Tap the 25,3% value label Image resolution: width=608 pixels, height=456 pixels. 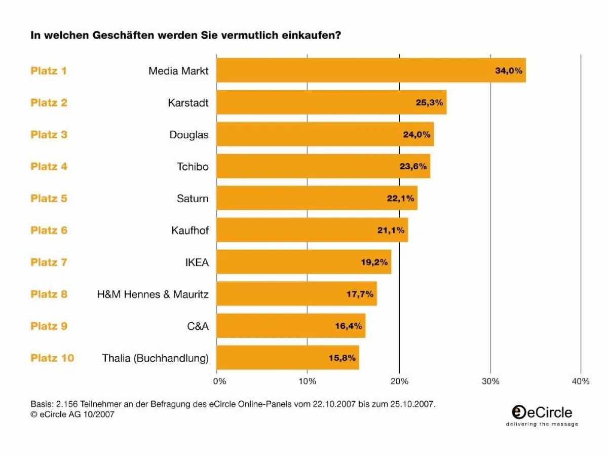pos(429,102)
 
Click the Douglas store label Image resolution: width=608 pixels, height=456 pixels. pos(189,135)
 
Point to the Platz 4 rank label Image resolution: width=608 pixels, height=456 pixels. pos(49,166)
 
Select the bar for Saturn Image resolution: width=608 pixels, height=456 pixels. pos(317,198)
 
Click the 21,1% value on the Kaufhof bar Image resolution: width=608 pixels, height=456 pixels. pos(391,231)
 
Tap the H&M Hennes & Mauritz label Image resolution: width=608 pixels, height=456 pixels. pos(153,294)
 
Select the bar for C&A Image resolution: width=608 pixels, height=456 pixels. pos(291,326)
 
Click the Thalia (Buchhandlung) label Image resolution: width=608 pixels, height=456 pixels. pos(155,358)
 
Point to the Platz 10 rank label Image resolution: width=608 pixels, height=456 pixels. pos(52,358)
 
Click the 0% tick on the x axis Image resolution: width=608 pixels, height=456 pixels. pos(221,381)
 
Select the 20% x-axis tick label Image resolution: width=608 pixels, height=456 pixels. pos(399,381)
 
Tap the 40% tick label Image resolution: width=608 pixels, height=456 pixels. pos(581,381)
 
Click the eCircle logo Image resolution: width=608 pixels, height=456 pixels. pos(542,415)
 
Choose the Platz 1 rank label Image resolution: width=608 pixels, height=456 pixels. pos(49,71)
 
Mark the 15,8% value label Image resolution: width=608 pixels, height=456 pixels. pos(342,358)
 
